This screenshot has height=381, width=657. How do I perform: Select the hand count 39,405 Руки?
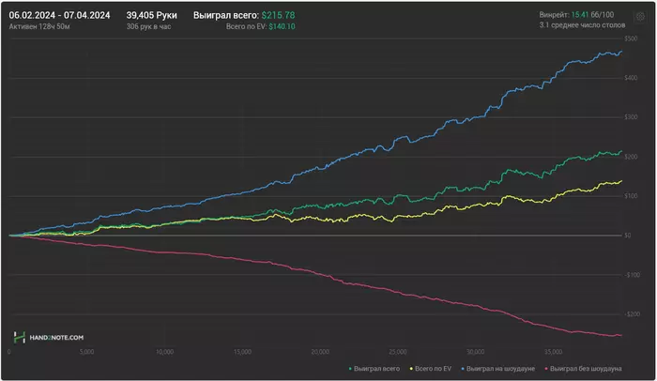coord(151,16)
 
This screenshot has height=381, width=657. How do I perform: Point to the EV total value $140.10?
coord(283,28)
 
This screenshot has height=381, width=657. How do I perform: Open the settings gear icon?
coord(641,16)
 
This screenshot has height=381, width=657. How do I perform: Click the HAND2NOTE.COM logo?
coord(49,337)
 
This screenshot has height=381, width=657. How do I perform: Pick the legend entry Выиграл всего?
coord(377,368)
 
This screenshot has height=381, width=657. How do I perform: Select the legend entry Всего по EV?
coord(435,368)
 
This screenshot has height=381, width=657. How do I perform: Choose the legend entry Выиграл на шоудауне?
coord(503,368)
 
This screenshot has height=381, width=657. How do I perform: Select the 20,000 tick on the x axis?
coord(319,353)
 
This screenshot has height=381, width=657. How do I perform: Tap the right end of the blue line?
coord(621,53)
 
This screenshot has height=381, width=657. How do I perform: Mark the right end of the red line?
coord(621,335)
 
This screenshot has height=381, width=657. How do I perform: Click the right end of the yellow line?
coord(621,181)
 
